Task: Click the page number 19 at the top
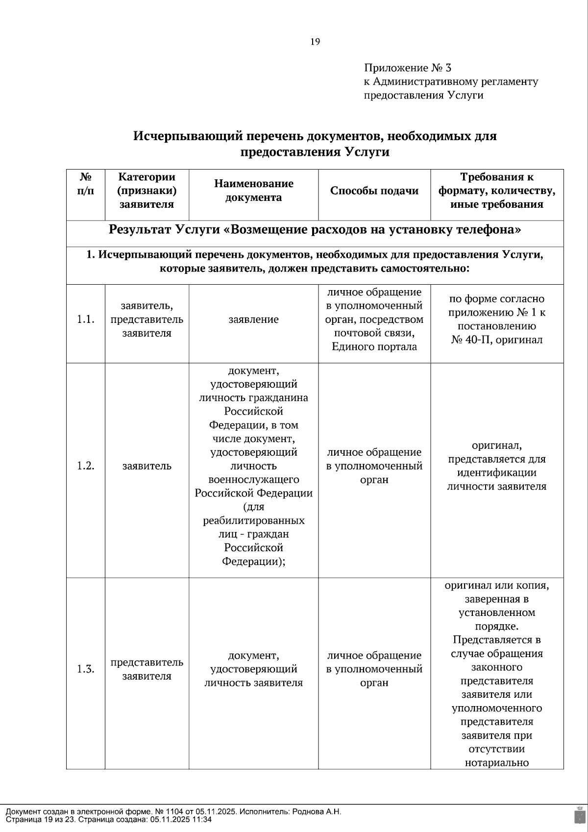pos(315,42)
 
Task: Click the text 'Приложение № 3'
pos(407,68)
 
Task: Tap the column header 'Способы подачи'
pos(374,191)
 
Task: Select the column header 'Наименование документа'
pos(253,191)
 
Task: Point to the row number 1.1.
pos(85,319)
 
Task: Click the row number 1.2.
pos(85,465)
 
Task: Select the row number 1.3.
pos(85,669)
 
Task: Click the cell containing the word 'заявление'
pos(253,319)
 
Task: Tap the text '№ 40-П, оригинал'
pos(496,340)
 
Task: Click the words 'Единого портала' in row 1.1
pos(374,347)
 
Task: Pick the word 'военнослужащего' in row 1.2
pos(253,479)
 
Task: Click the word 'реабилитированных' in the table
pos(253,520)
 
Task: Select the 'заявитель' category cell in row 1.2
pos(147,465)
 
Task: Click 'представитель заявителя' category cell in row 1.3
pos(147,669)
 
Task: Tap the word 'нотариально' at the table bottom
pos(496,762)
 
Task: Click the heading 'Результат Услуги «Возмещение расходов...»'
pos(315,230)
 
